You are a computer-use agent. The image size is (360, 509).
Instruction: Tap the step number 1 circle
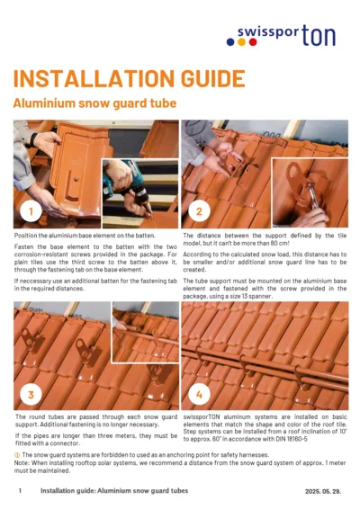[31, 211]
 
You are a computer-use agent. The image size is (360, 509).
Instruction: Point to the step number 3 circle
[31, 393]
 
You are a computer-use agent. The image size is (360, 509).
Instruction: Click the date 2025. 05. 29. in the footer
[320, 492]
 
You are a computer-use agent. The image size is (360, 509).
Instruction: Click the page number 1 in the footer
[20, 492]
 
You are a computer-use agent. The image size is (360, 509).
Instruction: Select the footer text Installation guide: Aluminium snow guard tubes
[114, 492]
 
